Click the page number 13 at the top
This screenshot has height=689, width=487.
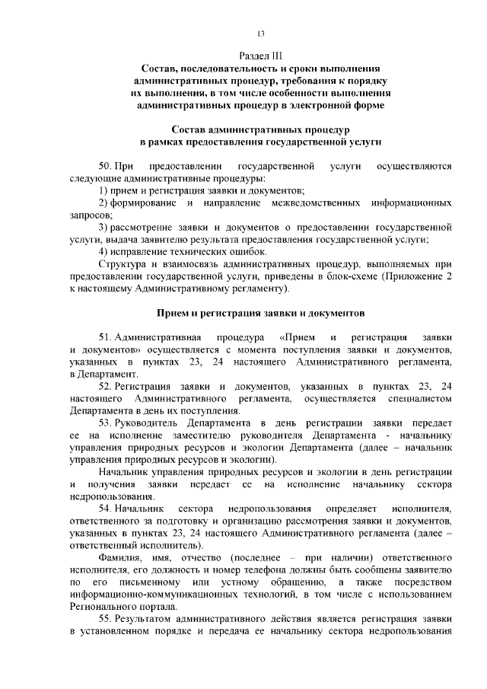[x=260, y=33]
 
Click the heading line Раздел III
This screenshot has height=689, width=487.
[x=260, y=55]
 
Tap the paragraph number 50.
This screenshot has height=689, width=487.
[x=106, y=166]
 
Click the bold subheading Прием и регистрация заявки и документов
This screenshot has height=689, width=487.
[x=261, y=313]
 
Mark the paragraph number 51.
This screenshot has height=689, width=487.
[x=106, y=337]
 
